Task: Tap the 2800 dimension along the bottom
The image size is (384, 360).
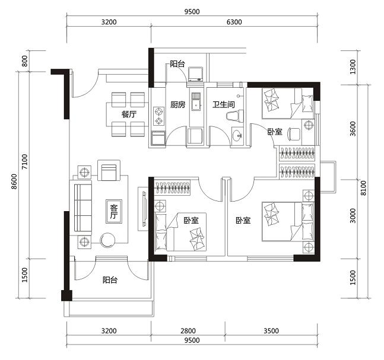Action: pyautogui.click(x=188, y=331)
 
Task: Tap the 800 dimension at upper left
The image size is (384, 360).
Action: pyautogui.click(x=24, y=60)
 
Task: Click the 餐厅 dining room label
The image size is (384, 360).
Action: pyautogui.click(x=129, y=114)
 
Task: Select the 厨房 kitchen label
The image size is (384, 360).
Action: pyautogui.click(x=178, y=105)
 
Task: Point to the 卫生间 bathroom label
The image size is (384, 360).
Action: pyautogui.click(x=224, y=105)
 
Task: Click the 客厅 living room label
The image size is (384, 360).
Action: pyautogui.click(x=113, y=211)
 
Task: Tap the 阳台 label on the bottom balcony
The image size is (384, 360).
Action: pyautogui.click(x=109, y=280)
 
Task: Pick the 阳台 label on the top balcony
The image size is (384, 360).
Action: pyautogui.click(x=177, y=65)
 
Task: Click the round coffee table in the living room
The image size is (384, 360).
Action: pyautogui.click(x=108, y=240)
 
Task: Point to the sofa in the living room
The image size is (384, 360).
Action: pyautogui.click(x=82, y=207)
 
